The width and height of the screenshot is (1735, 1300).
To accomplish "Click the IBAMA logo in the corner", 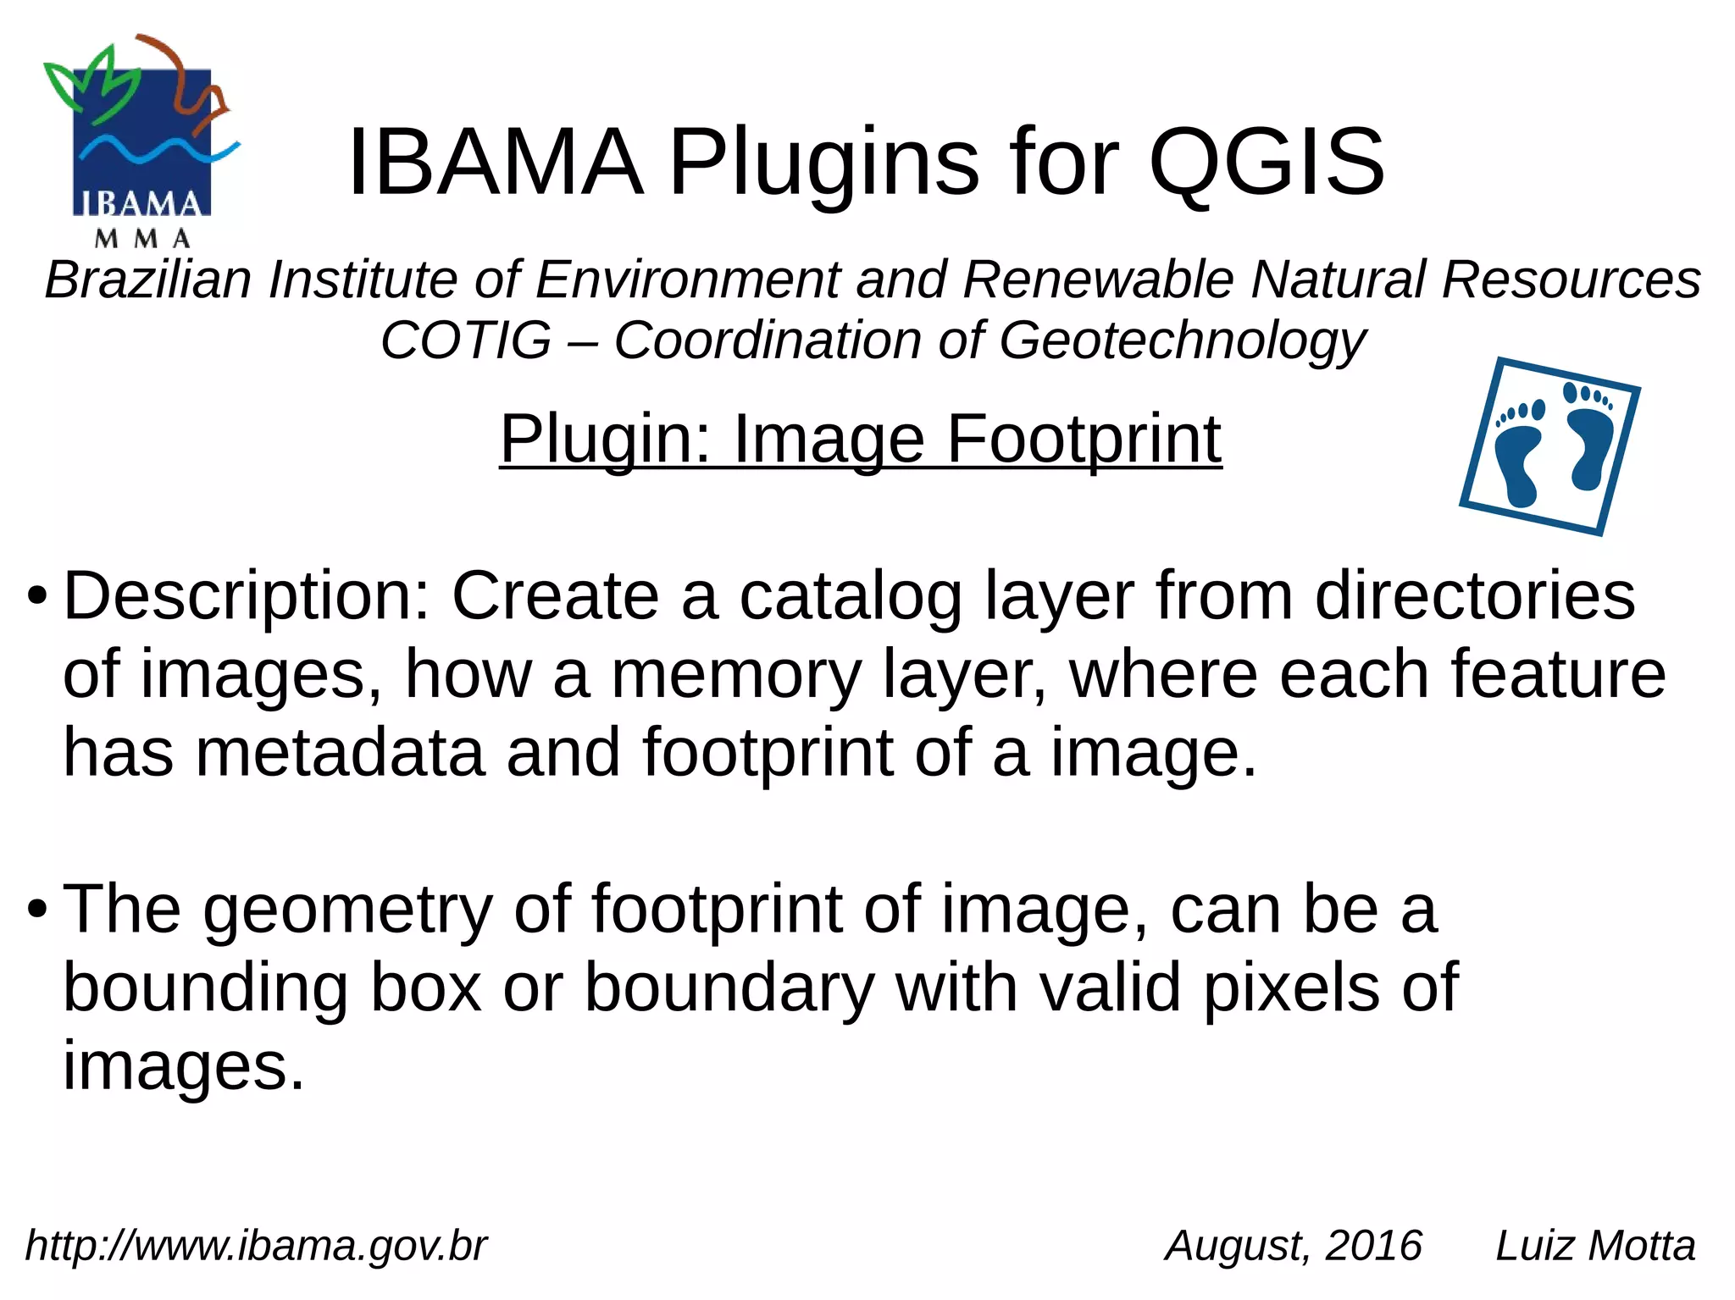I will click(x=141, y=142).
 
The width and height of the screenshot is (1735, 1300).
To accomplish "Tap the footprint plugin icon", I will click(x=1550, y=446).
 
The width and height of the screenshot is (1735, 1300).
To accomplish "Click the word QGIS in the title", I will click(x=1267, y=161).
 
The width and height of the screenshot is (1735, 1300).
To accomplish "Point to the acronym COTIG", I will click(x=466, y=340).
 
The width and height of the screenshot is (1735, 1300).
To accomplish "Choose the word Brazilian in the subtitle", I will click(x=148, y=279).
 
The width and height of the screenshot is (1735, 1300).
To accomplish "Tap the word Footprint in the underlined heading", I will click(x=1084, y=439).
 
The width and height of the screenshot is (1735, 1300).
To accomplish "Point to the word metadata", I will click(x=340, y=753).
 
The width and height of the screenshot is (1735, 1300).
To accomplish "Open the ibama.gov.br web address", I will click(x=256, y=1245).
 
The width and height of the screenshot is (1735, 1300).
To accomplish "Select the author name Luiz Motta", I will click(x=1595, y=1245).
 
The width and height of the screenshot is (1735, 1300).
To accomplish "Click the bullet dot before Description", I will click(x=36, y=596).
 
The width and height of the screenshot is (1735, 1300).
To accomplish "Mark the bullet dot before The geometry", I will click(x=36, y=910).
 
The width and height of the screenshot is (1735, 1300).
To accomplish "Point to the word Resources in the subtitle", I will click(x=1571, y=279).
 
